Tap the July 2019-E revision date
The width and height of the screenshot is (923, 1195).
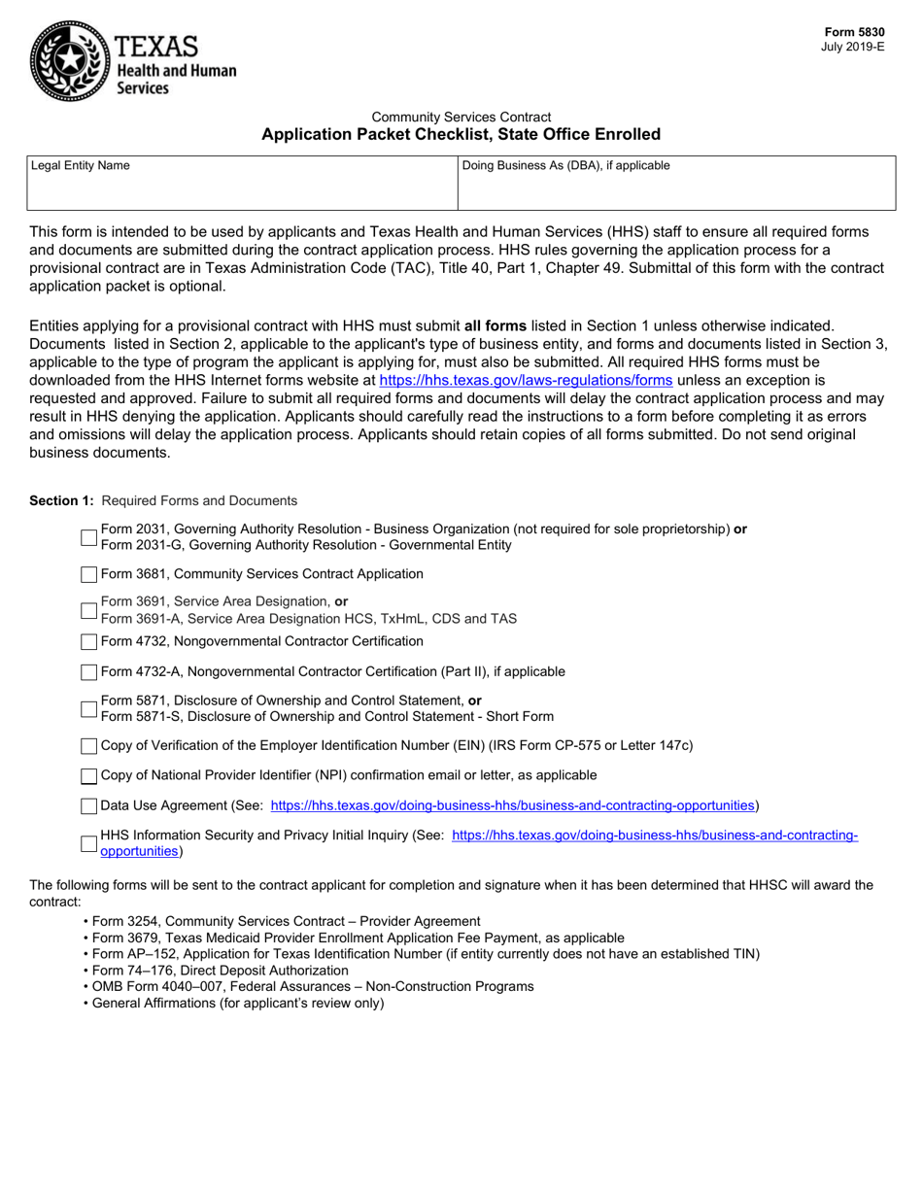coord(853,47)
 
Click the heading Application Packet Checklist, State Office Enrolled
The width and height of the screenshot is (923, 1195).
coord(461,134)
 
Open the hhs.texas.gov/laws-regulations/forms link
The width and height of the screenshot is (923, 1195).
coord(525,381)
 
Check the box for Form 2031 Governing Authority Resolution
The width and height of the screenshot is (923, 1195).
coord(88,537)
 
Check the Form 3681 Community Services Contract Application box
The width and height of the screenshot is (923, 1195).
coord(88,575)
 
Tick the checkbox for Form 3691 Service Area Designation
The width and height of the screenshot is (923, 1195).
coord(88,610)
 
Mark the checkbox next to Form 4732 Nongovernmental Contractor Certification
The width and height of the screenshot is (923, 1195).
coord(88,642)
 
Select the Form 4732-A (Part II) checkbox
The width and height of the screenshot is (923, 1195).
coord(88,672)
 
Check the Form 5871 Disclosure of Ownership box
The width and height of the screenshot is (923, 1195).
coord(88,709)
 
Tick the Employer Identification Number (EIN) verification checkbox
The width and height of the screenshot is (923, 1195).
coord(88,746)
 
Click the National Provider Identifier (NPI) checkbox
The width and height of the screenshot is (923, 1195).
coord(88,776)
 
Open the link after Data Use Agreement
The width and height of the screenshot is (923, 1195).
coord(512,805)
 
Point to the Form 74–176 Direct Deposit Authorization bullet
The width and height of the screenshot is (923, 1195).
coord(220,970)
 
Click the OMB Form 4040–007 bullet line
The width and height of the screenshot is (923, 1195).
coord(312,986)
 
